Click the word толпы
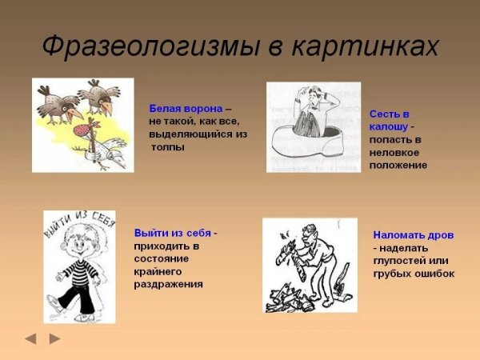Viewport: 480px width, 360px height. coord(167,147)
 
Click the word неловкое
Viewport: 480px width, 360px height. coord(392,152)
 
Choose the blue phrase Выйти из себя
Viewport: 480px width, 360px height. coord(173,233)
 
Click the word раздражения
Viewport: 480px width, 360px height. coord(169,284)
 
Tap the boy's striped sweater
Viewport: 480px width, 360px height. coord(78,270)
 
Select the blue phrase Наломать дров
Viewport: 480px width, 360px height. coord(413,235)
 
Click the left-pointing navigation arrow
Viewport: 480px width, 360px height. coord(30,338)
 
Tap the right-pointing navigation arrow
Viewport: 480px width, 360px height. coord(54,338)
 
